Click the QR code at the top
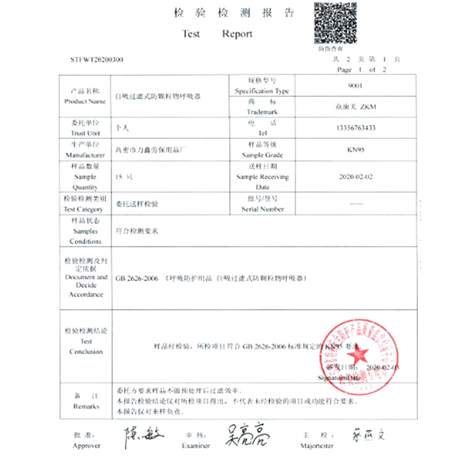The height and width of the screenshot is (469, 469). click(336, 23)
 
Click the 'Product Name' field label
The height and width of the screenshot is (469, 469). click(86, 101)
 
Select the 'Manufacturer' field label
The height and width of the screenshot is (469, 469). click(86, 155)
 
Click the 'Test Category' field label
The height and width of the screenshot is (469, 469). click(86, 209)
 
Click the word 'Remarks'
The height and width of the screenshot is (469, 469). click(86, 406)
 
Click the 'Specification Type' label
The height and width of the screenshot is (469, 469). click(262, 91)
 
